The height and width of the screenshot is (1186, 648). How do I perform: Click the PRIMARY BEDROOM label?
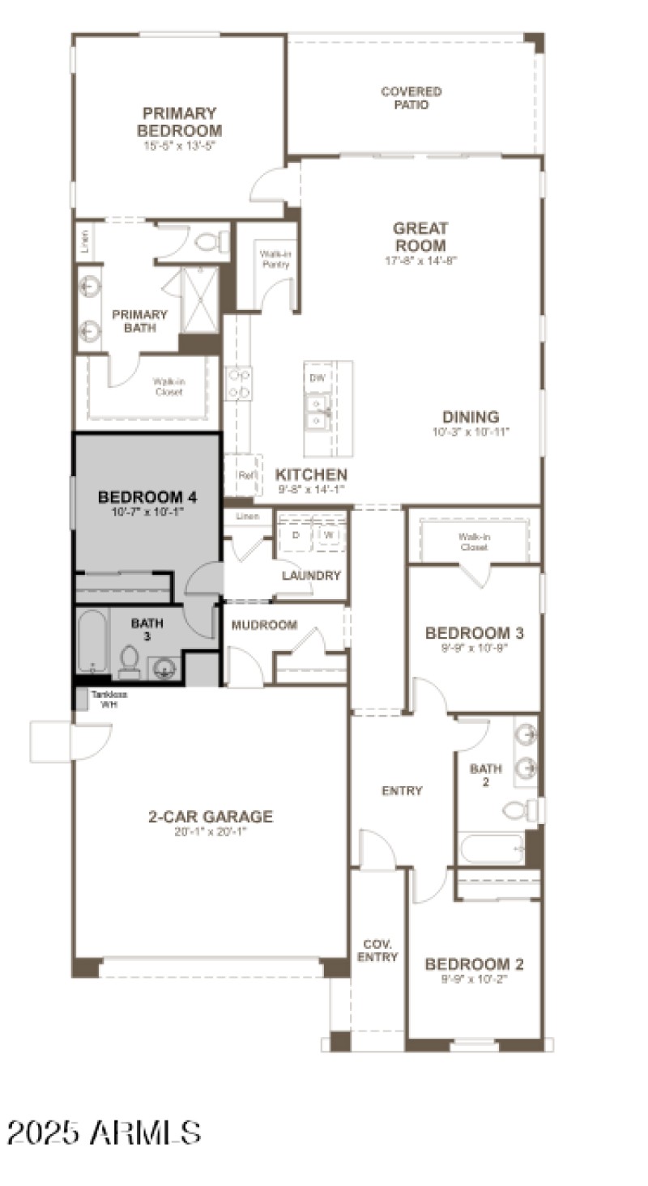pos(179,121)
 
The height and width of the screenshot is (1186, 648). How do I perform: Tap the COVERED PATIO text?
pos(411,98)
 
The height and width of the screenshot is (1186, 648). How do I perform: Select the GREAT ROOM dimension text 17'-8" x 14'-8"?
pos(420,261)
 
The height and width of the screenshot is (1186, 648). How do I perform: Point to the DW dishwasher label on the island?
pos(317,378)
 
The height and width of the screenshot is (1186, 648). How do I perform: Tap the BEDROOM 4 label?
pos(147,497)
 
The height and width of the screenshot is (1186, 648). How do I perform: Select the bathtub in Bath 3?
pos(92,641)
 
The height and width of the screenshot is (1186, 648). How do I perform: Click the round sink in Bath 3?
pos(164,668)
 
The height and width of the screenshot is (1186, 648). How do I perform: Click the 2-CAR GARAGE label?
pos(211,817)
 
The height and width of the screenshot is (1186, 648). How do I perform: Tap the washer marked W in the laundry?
pos(330,535)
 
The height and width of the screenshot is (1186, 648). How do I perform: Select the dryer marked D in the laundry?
pos(296,535)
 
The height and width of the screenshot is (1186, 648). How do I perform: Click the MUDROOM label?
pos(264,625)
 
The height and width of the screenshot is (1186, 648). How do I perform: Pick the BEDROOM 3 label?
pos(474,633)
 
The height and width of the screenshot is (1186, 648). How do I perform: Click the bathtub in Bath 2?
pos(492,849)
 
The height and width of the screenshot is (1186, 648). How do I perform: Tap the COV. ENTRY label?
pos(377,950)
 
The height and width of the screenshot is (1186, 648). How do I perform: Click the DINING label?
pos(471,417)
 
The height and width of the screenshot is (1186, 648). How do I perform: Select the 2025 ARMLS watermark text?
pos(104,1132)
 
